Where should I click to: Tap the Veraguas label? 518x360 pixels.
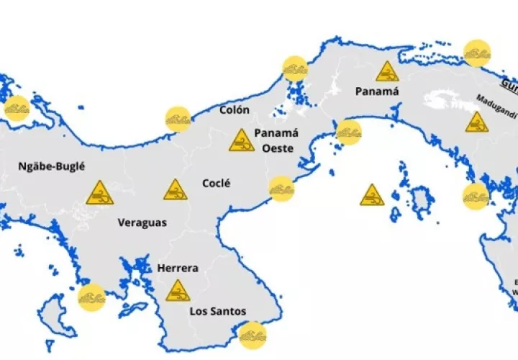[142, 222]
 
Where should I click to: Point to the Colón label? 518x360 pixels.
[235, 110]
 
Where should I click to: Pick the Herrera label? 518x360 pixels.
[178, 268]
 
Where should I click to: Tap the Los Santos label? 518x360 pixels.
[217, 311]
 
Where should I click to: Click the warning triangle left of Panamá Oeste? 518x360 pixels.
[241, 140]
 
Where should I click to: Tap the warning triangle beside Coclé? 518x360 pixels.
[175, 190]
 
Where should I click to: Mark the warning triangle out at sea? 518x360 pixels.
[372, 195]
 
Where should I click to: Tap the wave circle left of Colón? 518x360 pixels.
[178, 119]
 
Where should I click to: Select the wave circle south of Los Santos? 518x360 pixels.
[252, 335]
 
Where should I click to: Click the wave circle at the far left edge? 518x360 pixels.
[16, 109]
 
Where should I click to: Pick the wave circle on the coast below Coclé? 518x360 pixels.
[281, 189]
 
